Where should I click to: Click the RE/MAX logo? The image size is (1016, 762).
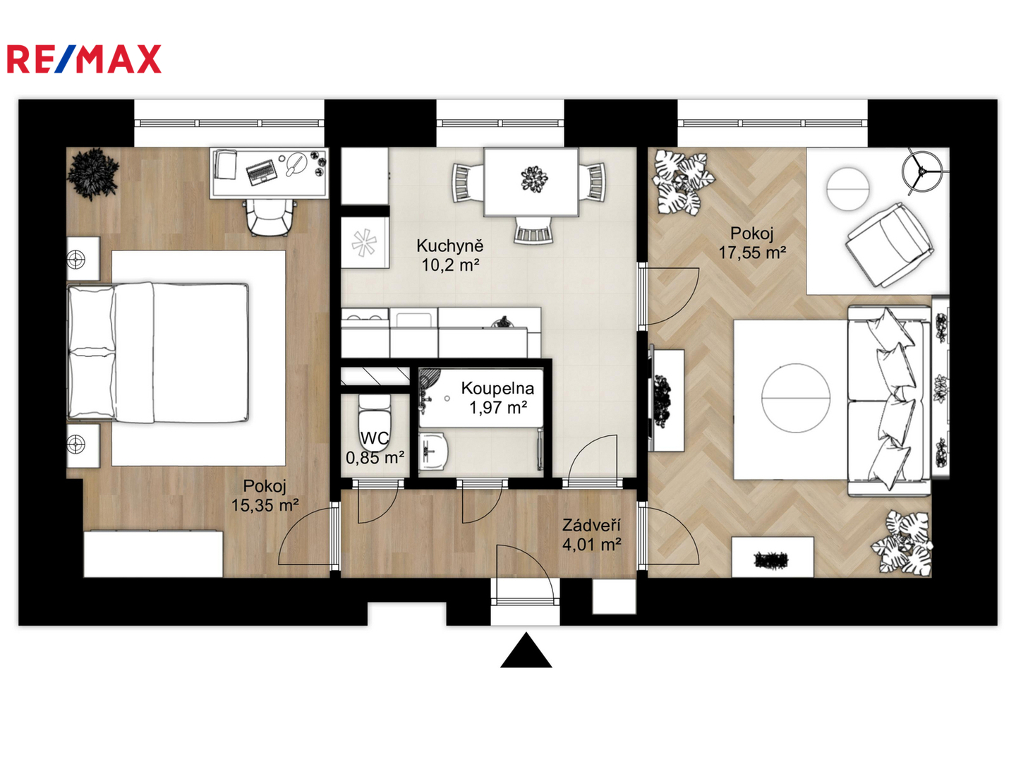(84, 59)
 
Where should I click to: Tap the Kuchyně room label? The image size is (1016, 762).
(449, 246)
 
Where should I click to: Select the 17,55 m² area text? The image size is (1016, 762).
(751, 253)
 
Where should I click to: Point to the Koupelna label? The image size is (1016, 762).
(497, 388)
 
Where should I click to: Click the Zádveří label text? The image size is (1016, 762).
(591, 525)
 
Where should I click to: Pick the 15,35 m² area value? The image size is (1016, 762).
(265, 505)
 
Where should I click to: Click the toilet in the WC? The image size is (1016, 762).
(375, 422)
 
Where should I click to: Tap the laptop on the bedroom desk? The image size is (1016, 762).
(262, 171)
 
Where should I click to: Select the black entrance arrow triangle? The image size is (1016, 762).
(526, 650)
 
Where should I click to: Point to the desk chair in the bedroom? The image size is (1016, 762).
(271, 217)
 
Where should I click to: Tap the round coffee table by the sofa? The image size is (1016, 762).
(796, 399)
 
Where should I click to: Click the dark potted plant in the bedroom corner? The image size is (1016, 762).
(92, 174)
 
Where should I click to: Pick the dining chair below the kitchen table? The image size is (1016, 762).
(533, 230)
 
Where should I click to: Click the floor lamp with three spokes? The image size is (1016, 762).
(921, 171)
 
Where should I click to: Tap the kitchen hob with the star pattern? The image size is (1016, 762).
(364, 243)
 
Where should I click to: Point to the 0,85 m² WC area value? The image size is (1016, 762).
(375, 458)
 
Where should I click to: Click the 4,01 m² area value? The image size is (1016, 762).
(591, 545)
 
